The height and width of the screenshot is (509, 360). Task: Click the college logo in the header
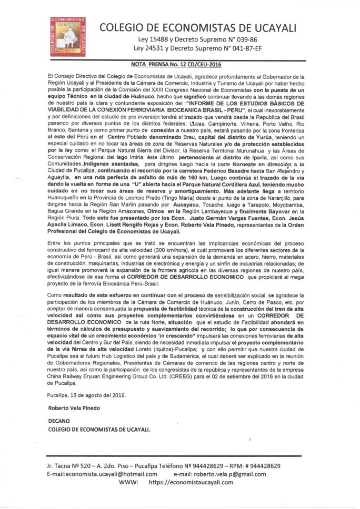tap(67, 36)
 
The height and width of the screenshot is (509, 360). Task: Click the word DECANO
tap(58, 421)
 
